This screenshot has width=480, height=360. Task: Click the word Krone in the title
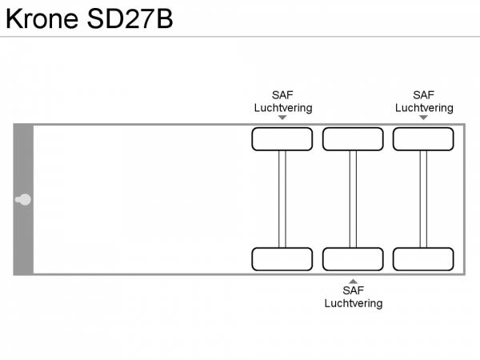tap(40, 18)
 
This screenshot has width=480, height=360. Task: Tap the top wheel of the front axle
tap(282, 139)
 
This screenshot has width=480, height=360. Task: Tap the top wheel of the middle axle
tap(353, 139)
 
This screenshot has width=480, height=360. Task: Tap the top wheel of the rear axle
tap(423, 139)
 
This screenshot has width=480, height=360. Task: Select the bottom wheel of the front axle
tap(282, 259)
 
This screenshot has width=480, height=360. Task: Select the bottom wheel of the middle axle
tap(353, 259)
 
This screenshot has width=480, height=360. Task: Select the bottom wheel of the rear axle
tap(423, 259)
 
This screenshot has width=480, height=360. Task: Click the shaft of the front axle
tap(282, 199)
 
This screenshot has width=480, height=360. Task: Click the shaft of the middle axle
tap(353, 199)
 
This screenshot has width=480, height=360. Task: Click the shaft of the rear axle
tap(423, 199)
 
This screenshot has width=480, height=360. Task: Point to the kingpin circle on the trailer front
tap(25, 199)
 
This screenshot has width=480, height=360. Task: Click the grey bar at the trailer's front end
tap(23, 160)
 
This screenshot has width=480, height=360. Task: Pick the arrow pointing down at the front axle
tap(282, 118)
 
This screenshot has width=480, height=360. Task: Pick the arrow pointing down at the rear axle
tap(423, 118)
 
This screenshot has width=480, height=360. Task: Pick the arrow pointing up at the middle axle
tap(353, 280)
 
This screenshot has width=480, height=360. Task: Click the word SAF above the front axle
tap(282, 95)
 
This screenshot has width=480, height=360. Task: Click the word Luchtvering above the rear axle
tap(424, 107)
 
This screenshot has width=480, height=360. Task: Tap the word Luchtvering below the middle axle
tap(353, 303)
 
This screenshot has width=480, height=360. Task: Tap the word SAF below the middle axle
tap(353, 291)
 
